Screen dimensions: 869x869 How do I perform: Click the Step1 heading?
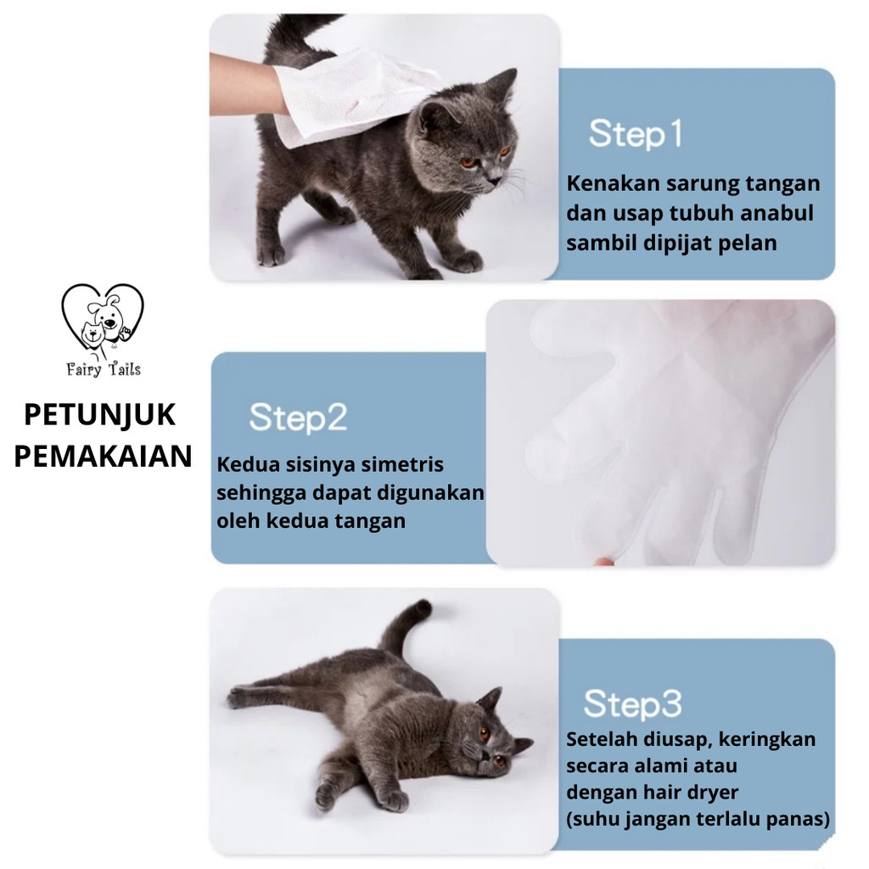pyautogui.click(x=635, y=134)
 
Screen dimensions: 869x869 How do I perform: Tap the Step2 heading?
pyautogui.click(x=298, y=418)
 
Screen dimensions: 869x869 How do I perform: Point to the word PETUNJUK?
pyautogui.click(x=100, y=415)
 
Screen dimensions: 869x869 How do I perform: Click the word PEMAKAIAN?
pyautogui.click(x=103, y=456)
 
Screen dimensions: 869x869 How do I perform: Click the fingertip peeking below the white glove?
pyautogui.click(x=604, y=561)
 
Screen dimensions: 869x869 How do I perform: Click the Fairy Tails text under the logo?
pyautogui.click(x=104, y=370)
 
